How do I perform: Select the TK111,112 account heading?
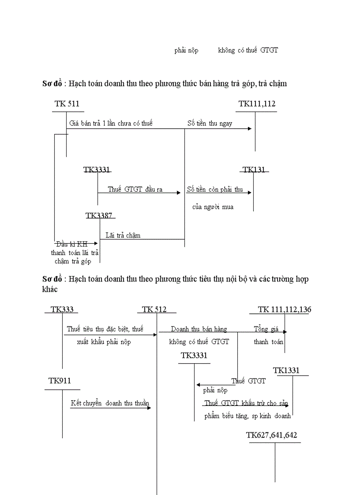pyautogui.click(x=257, y=104)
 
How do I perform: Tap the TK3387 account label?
pyautogui.click(x=99, y=216)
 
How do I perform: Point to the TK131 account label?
pyautogui.click(x=255, y=170)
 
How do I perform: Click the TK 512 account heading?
pyautogui.click(x=154, y=309)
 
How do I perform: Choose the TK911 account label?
pyautogui.click(x=60, y=381)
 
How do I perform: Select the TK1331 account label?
pyautogui.click(x=286, y=371)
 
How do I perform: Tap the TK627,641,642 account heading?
pyautogui.click(x=271, y=435)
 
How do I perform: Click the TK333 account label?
pyautogui.click(x=62, y=309)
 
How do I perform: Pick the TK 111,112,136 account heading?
pyautogui.click(x=284, y=309)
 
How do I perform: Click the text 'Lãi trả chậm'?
pyautogui.click(x=123, y=235)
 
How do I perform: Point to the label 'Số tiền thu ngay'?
pyautogui.click(x=210, y=123)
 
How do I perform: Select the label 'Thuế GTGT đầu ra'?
pyautogui.click(x=135, y=190)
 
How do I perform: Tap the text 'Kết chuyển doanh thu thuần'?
pyautogui.click(x=110, y=403)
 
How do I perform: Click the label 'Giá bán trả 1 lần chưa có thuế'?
pyautogui.click(x=111, y=123)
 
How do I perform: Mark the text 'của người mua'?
pyautogui.click(x=213, y=207)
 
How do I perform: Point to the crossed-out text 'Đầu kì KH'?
pyautogui.click(x=71, y=244)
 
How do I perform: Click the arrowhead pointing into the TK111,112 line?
pyautogui.click(x=250, y=128)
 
